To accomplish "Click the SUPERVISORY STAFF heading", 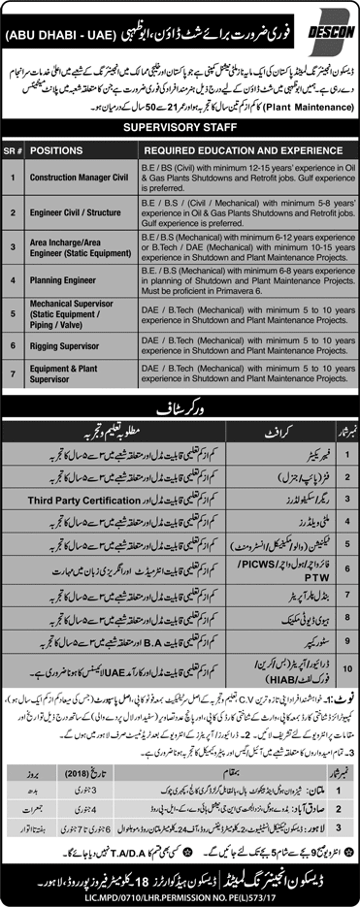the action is (180, 127).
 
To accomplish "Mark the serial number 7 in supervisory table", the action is (16, 374).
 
